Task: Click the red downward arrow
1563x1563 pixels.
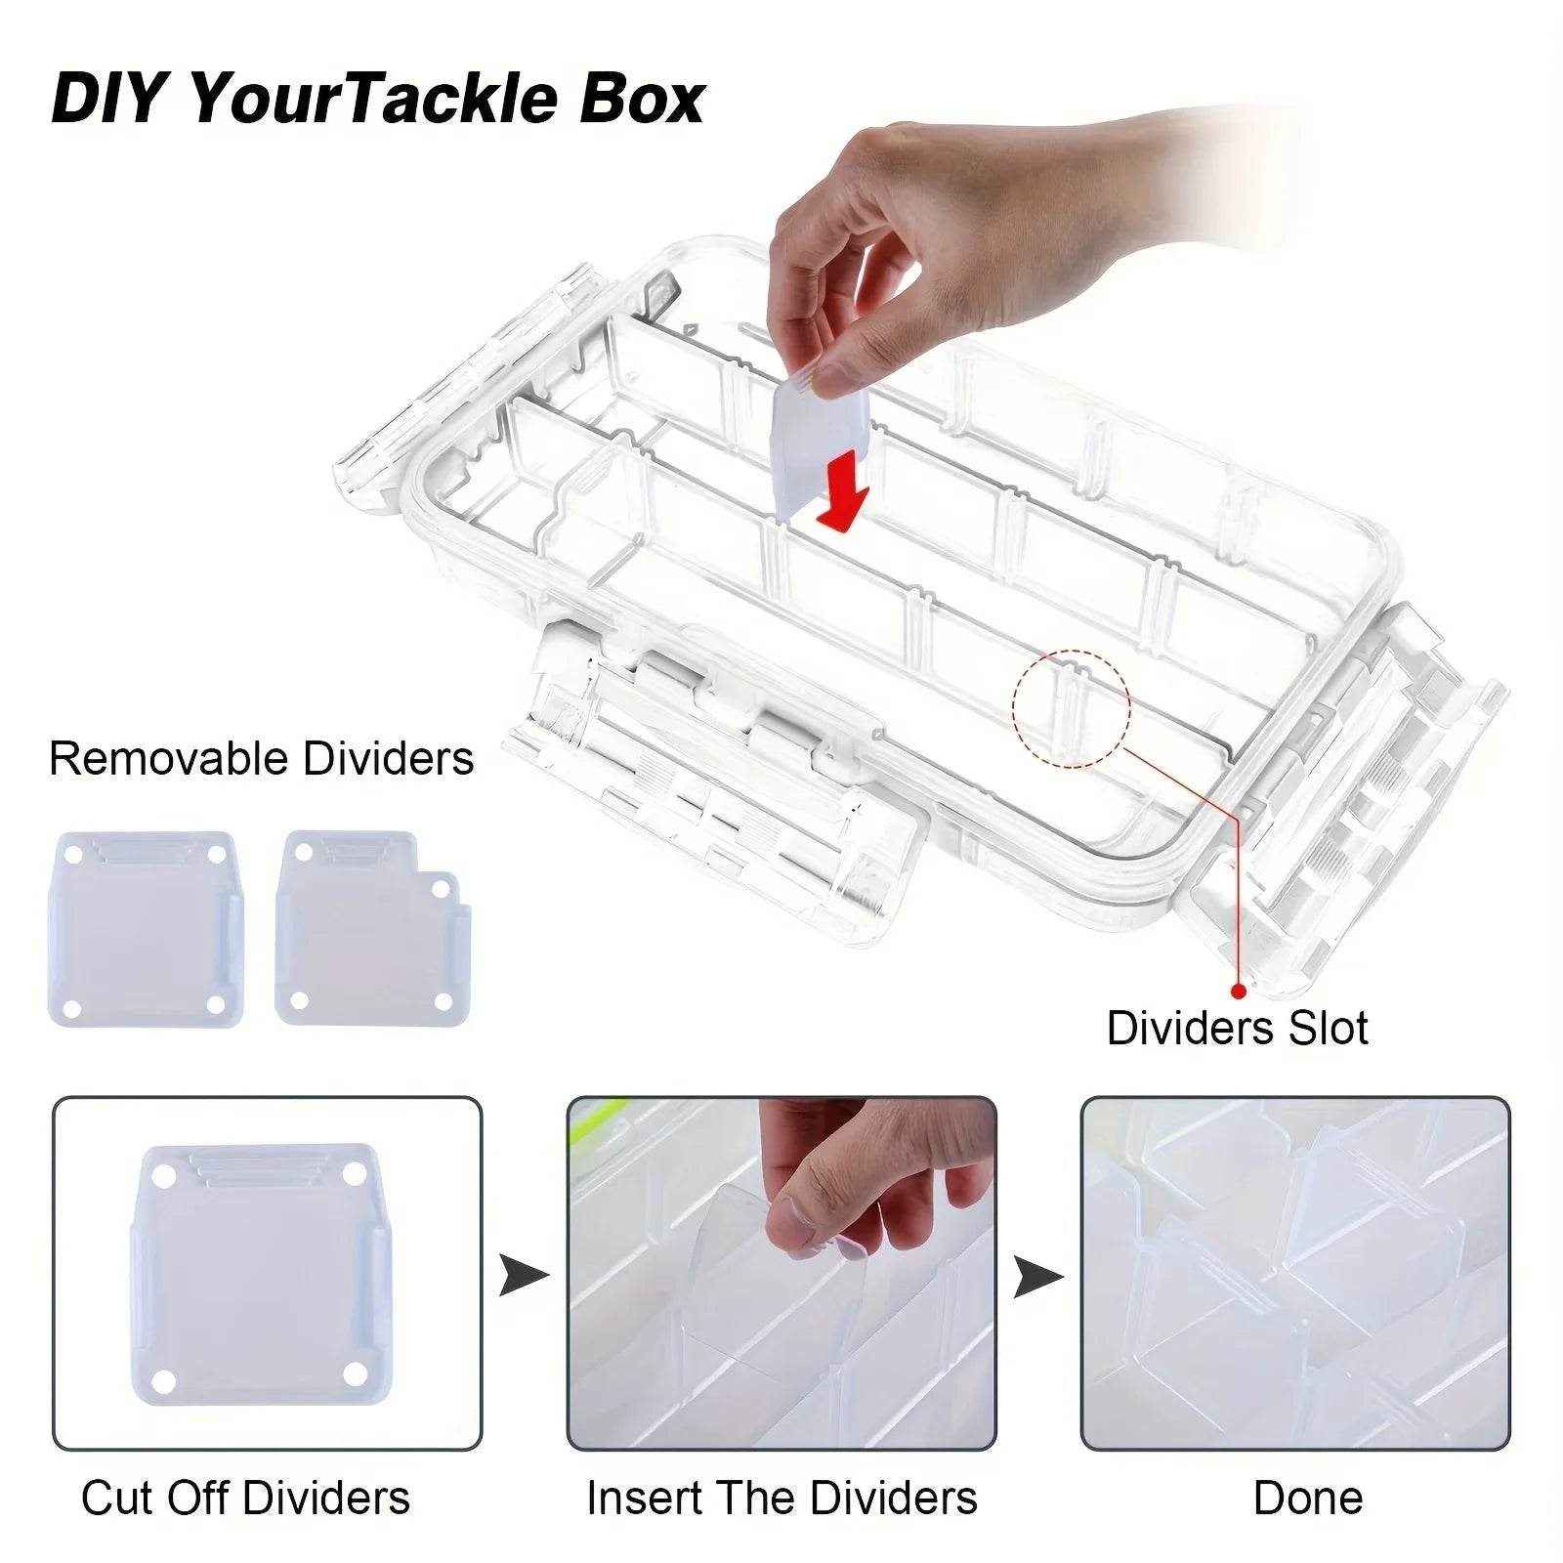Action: [842, 493]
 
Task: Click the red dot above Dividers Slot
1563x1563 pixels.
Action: [1239, 991]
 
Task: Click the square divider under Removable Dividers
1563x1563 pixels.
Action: [144, 928]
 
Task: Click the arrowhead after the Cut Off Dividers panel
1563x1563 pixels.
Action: [522, 1276]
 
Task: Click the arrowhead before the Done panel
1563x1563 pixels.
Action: [1036, 1276]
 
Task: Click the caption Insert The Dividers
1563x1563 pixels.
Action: [781, 1498]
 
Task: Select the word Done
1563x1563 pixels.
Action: [1307, 1498]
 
